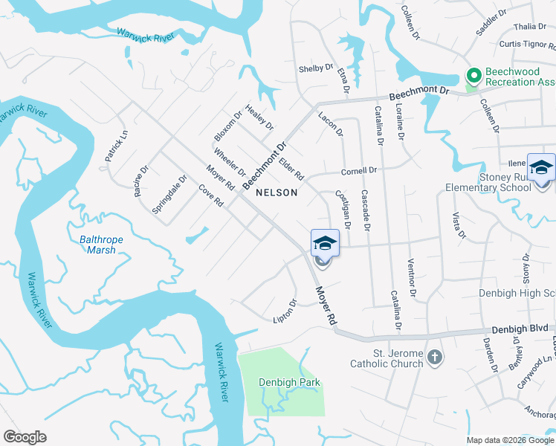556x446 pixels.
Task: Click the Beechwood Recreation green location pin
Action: [472, 75]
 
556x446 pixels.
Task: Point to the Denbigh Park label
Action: [289, 383]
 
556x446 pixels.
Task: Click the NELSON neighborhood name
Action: [277, 193]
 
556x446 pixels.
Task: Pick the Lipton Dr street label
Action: [285, 311]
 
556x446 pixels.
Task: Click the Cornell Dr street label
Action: [359, 171]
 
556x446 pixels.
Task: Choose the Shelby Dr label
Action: [316, 68]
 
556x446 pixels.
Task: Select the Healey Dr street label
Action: [259, 118]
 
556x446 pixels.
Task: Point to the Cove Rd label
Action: [211, 196]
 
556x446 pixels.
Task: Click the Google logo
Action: [25, 437]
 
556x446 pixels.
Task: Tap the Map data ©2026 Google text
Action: [510, 440]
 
